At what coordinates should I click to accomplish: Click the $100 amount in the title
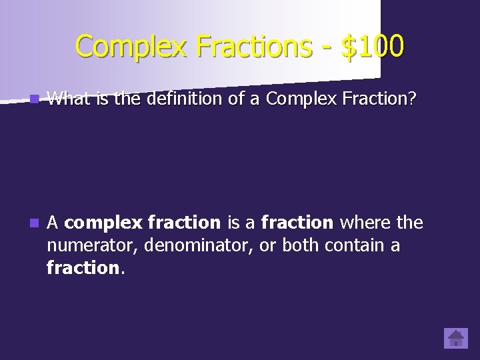coord(372,47)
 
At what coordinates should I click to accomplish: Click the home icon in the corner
coord(456,338)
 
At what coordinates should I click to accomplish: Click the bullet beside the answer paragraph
coord(34,223)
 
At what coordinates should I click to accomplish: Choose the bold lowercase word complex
coord(103,223)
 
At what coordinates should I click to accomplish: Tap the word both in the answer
coord(301,245)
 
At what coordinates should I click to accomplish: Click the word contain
coord(354,245)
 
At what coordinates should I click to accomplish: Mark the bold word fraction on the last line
coord(83,268)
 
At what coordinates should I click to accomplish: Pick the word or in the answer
coord(267,245)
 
